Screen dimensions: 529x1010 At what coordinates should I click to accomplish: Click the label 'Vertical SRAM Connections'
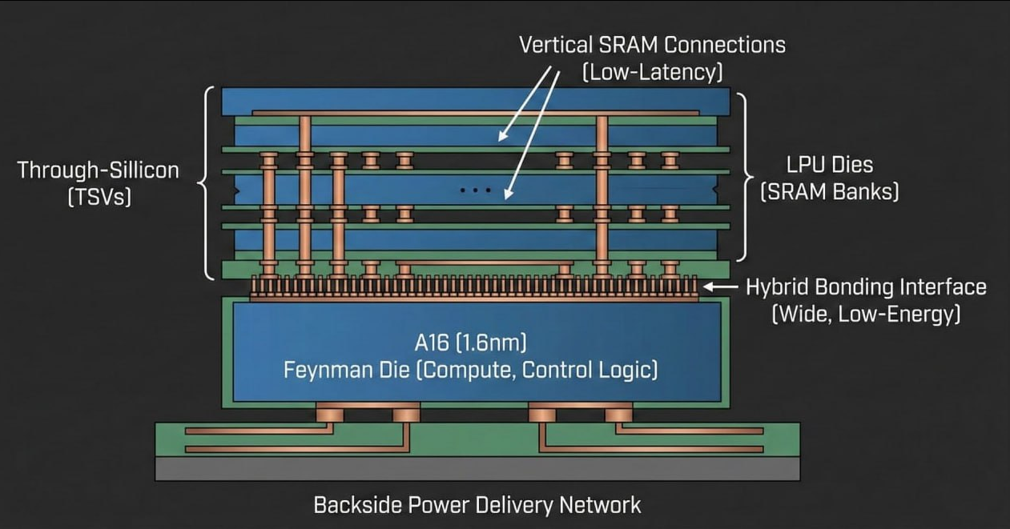652,44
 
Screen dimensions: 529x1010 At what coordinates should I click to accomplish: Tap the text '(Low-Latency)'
652,72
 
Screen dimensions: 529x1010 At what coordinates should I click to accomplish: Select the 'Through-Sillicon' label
99,170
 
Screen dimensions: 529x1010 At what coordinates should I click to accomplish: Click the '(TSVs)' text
99,196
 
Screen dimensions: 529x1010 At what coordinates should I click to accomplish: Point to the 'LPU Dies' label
829,165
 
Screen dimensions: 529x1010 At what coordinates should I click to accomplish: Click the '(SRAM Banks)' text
829,192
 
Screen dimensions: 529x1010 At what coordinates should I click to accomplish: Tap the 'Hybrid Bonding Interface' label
866,287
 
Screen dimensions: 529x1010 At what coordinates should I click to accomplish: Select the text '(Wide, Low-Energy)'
866,314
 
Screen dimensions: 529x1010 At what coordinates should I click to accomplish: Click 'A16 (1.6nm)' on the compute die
471,343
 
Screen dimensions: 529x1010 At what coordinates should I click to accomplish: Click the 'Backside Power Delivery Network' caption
477,505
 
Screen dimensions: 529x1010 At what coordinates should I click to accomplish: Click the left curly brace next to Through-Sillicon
207,183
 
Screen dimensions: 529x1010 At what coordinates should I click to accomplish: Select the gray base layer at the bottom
477,469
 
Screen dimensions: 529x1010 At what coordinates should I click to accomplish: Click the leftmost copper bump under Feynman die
329,413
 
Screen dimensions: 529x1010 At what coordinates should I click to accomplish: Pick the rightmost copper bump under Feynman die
618,413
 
